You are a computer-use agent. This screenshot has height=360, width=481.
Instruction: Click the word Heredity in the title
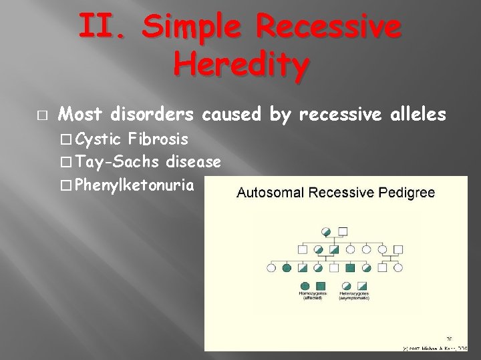(x=241, y=65)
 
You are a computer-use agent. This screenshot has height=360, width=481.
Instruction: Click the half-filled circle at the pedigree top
(x=327, y=231)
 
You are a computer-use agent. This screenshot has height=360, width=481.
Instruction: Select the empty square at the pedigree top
(x=343, y=231)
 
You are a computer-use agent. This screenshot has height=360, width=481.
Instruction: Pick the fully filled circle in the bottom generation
(x=287, y=268)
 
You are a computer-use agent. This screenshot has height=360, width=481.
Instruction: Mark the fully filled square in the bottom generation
(x=350, y=268)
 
